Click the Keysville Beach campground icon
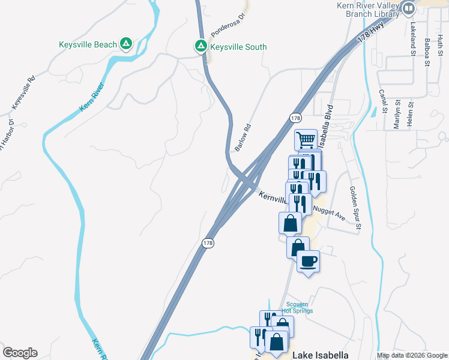click(x=126, y=44)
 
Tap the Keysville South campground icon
click(x=200, y=46)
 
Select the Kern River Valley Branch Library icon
click(x=408, y=9)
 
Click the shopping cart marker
click(x=306, y=141)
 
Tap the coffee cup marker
click(x=308, y=262)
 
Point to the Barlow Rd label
click(x=243, y=137)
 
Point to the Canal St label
click(x=383, y=102)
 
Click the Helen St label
click(x=412, y=113)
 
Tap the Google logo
click(x=20, y=353)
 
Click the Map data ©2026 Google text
click(x=412, y=355)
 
